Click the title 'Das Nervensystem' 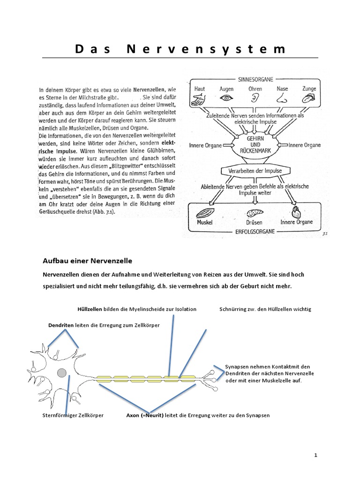click(x=180, y=49)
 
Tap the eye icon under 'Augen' click(x=227, y=98)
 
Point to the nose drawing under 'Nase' click(x=282, y=99)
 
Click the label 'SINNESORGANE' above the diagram click(x=256, y=79)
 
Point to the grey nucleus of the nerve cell click(x=61, y=373)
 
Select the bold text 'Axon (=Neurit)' click(x=145, y=415)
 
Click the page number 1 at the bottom click(x=316, y=455)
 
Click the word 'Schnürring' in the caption click(x=232, y=309)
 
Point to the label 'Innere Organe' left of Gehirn click(x=206, y=145)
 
